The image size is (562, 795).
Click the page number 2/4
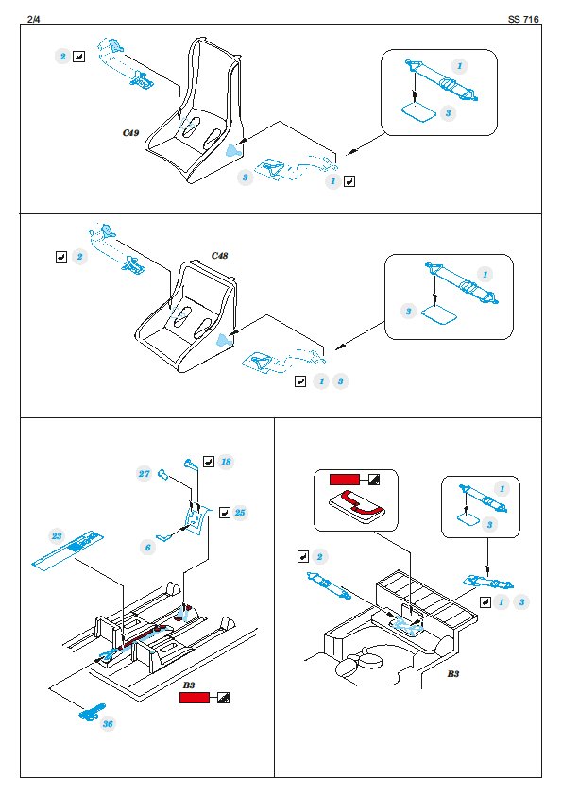pos(33,19)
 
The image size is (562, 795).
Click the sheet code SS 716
pos(523,19)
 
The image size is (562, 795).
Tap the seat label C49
pos(130,133)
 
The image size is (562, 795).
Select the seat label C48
pos(220,256)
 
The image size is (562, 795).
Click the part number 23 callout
pos(57,536)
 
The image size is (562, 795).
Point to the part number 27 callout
pos(145,474)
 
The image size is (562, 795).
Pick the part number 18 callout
pos(226,462)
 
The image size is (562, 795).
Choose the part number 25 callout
pos(240,513)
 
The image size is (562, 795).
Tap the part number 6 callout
pos(147,547)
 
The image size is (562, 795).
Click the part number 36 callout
pos(108,723)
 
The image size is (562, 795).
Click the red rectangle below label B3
pos(195,698)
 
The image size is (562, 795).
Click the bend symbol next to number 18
pos(209,462)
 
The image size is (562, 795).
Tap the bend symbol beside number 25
pos(224,513)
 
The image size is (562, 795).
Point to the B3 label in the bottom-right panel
pos(453,674)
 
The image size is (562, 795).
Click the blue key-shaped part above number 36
pos(92,712)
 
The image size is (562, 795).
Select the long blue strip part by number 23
pos(66,550)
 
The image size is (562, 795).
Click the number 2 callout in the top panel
pos(62,57)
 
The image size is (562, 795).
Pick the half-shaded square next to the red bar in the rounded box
pos(374,480)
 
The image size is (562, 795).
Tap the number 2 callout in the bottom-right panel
pos(319,557)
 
